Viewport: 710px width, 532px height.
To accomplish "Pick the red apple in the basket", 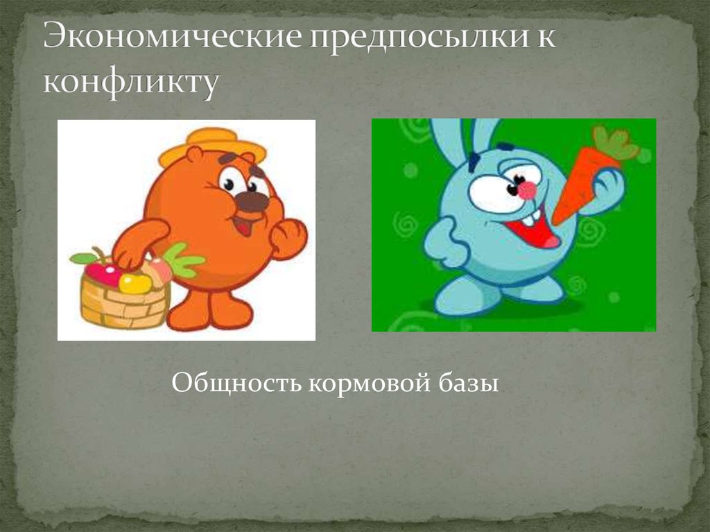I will click(x=102, y=273).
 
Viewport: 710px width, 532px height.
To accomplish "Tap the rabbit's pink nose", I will click(x=528, y=189).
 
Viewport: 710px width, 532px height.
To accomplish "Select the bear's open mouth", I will click(x=243, y=225).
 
